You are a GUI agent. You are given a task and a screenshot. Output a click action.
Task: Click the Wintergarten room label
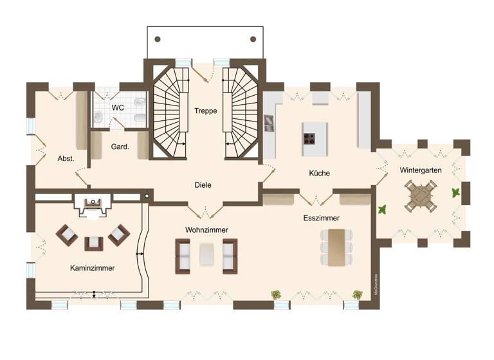[x=420, y=170]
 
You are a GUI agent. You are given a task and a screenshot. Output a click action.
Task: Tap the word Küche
[x=319, y=174]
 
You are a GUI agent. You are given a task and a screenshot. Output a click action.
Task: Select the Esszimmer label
[x=321, y=219]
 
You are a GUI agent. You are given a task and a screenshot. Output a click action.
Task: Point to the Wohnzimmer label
[x=206, y=230]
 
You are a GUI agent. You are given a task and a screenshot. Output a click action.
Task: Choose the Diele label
[x=203, y=185]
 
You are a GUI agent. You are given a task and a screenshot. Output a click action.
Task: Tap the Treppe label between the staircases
[x=205, y=111]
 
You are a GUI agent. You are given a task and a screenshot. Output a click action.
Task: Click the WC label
[x=118, y=108]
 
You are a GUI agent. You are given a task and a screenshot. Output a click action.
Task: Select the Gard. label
[x=120, y=147]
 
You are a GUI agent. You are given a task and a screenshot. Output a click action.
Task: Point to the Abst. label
[x=66, y=159]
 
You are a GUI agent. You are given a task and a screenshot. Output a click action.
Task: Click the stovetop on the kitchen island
[x=309, y=138]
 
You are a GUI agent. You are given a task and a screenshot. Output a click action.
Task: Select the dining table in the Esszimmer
[x=336, y=248]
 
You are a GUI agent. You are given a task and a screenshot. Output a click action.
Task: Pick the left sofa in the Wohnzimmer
[x=183, y=255]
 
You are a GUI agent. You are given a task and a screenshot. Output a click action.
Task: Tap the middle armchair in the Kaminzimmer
[x=94, y=243]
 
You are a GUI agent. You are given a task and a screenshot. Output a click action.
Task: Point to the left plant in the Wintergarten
[x=381, y=209]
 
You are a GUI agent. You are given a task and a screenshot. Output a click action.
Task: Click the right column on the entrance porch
[x=253, y=39]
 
